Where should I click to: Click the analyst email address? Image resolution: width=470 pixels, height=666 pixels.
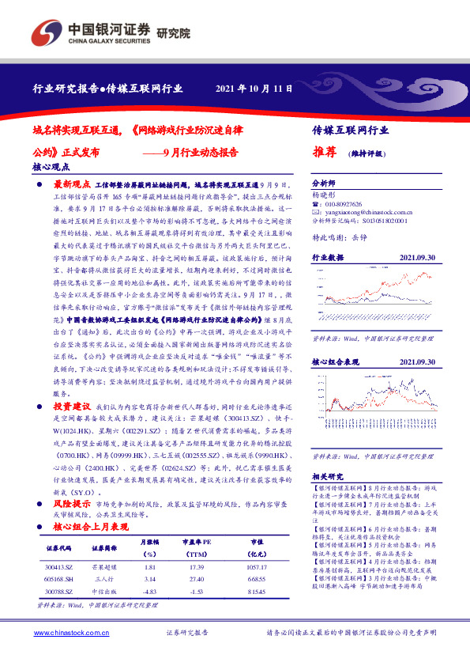click(x=369, y=212)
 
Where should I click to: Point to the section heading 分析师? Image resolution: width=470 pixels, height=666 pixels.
click(x=324, y=181)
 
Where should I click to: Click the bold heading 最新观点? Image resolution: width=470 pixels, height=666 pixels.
click(x=72, y=182)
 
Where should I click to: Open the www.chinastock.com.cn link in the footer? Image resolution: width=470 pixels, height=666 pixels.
click(x=71, y=632)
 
